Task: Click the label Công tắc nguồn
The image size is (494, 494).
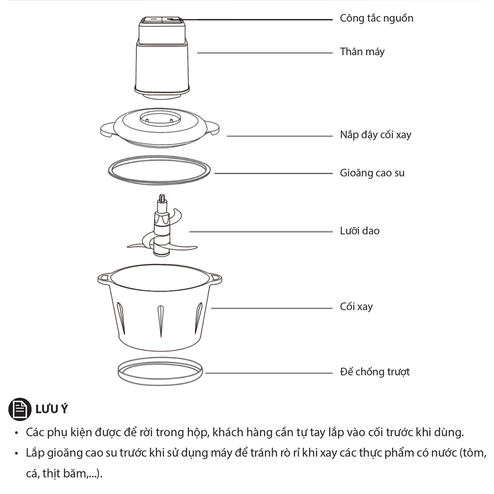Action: [x=376, y=18]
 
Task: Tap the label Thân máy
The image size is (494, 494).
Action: [x=362, y=52]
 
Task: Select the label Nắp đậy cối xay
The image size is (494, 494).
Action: [x=375, y=135]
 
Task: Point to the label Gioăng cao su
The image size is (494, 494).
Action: [x=372, y=173]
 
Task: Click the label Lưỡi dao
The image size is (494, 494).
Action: [x=359, y=231]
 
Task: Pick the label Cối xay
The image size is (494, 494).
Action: [x=356, y=306]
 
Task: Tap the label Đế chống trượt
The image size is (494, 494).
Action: [x=375, y=372]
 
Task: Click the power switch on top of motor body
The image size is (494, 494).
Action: [x=162, y=20]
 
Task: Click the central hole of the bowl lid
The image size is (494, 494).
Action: [x=160, y=119]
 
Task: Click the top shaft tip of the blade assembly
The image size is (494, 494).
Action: [x=162, y=198]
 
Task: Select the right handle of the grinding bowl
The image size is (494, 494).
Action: [x=215, y=278]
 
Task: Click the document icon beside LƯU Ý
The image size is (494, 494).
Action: [x=20, y=409]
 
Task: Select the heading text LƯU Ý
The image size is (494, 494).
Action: [x=52, y=409]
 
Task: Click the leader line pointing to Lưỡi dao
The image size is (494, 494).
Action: [x=261, y=232]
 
